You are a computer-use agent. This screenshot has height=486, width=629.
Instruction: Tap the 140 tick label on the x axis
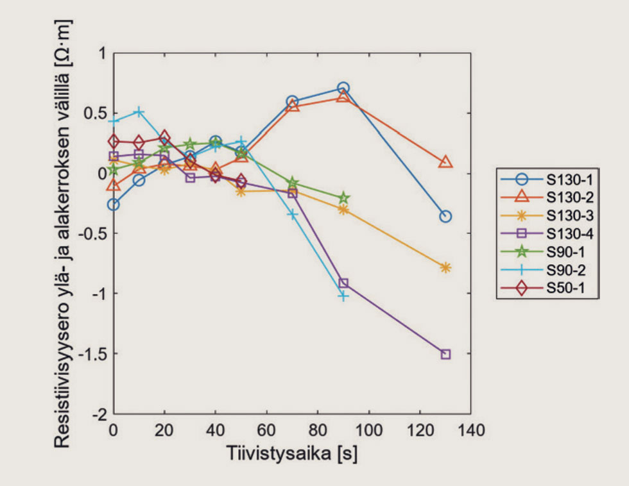[471, 429]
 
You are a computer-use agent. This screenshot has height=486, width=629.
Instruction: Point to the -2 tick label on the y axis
[99, 414]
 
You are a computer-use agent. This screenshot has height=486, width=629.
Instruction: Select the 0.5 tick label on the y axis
[94, 113]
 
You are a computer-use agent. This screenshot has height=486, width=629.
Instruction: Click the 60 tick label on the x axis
[266, 429]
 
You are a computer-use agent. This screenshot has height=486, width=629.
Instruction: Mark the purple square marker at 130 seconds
[445, 354]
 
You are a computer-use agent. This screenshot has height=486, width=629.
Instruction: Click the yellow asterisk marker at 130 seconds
[445, 267]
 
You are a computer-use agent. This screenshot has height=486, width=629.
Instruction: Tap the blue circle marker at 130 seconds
[445, 217]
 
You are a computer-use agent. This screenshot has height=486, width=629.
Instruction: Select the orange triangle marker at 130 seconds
[445, 162]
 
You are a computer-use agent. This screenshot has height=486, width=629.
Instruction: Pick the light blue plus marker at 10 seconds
[139, 112]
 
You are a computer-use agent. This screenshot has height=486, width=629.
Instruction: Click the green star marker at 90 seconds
[343, 198]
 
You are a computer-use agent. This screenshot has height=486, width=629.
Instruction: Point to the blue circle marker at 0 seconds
[114, 205]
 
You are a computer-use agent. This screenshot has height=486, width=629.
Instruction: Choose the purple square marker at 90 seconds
[343, 283]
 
